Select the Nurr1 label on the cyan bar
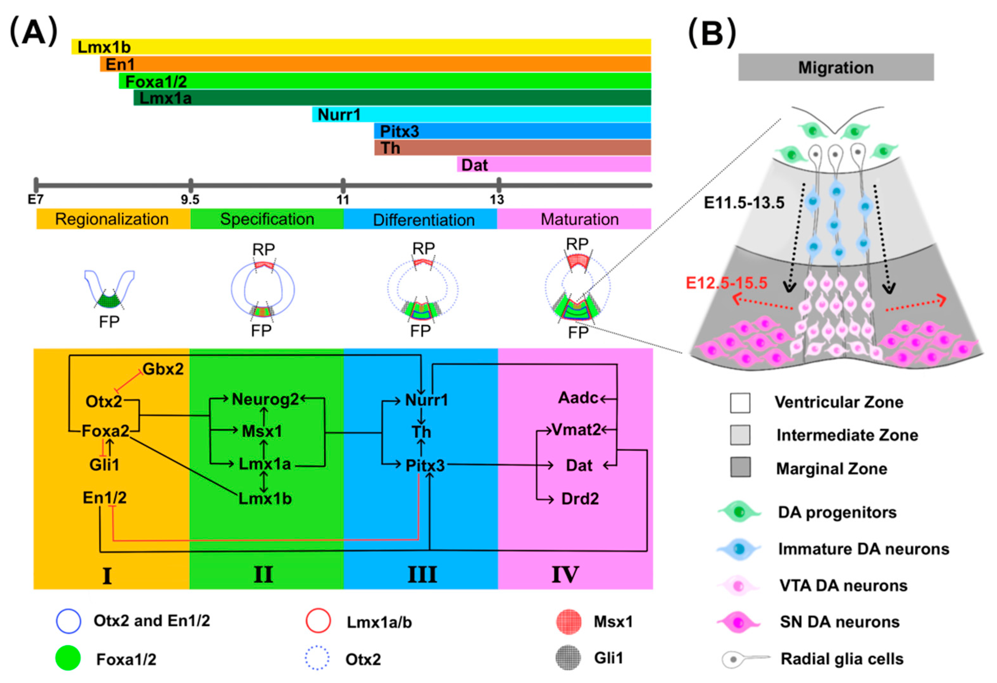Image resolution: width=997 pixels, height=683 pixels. (x=339, y=115)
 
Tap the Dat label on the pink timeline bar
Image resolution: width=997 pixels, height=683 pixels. (x=474, y=165)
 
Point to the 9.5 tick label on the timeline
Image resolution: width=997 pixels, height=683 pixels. (x=190, y=200)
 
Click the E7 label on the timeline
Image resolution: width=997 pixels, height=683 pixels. (x=36, y=200)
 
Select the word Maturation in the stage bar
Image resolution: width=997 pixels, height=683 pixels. (x=579, y=219)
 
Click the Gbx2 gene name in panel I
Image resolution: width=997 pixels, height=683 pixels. (x=163, y=369)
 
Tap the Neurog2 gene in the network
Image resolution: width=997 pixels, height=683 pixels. (x=265, y=399)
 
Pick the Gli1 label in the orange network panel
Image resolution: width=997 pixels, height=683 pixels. (x=104, y=465)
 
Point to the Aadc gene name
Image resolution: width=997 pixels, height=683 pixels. (x=578, y=398)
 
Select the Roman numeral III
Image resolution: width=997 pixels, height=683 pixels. (x=422, y=575)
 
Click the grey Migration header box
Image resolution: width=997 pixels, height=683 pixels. (x=836, y=67)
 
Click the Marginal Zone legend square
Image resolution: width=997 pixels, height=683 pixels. (x=740, y=467)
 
